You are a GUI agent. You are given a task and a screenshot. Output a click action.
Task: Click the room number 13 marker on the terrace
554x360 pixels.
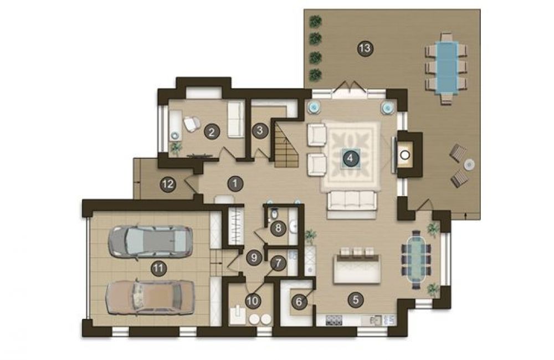[365, 47]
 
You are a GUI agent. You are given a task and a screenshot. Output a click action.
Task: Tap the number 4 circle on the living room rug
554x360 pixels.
[350, 158]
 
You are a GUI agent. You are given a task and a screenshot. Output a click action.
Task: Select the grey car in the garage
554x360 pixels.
[150, 241]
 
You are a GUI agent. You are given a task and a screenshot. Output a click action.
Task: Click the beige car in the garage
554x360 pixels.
[151, 297]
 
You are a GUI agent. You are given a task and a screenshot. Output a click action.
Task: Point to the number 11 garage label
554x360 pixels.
[158, 269]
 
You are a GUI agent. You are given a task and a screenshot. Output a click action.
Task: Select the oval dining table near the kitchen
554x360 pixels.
[417, 259]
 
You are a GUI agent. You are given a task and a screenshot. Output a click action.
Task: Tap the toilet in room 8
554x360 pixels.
[274, 214]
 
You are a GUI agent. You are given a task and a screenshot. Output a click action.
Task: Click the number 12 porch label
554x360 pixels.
[168, 184]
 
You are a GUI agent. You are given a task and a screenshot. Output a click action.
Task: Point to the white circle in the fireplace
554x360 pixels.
[405, 155]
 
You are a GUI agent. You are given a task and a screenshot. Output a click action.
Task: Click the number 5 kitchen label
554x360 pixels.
[356, 300]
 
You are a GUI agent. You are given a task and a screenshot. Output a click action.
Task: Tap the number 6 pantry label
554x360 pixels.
[299, 302]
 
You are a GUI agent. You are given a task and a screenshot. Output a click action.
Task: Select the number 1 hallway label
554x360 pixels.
[235, 183]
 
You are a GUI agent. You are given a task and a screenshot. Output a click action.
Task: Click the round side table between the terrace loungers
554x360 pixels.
[469, 164]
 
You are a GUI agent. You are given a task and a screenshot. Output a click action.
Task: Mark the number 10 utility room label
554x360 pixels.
[253, 301]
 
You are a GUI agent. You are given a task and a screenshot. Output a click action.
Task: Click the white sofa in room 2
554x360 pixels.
[235, 120]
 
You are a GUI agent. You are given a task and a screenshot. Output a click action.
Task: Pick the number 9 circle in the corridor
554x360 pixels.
[254, 258]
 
